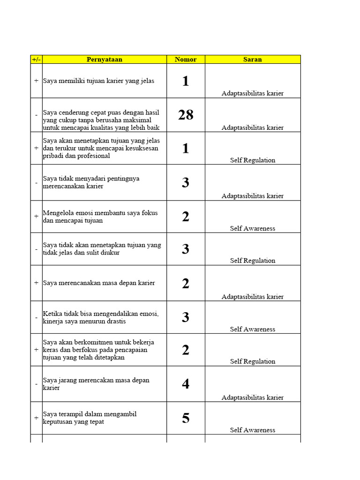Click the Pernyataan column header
(x=104, y=60)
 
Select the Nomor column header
(x=186, y=60)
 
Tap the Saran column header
(x=252, y=60)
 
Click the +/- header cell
(x=36, y=60)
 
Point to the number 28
(x=186, y=115)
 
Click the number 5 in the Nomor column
(x=186, y=418)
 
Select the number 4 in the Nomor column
(x=186, y=384)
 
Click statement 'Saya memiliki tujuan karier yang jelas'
(x=98, y=81)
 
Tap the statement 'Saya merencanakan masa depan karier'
(x=99, y=283)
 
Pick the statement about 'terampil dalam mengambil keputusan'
(x=90, y=418)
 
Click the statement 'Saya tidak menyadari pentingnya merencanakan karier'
(x=91, y=182)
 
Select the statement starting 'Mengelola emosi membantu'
(x=100, y=217)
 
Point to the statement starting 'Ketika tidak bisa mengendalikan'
(x=100, y=317)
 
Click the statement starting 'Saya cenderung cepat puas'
(x=101, y=120)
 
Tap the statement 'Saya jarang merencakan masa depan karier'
(x=96, y=384)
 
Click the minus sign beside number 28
(x=36, y=115)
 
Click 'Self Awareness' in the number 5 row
(x=252, y=430)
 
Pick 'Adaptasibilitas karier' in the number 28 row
(x=252, y=127)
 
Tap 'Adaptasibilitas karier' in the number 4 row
(x=252, y=397)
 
